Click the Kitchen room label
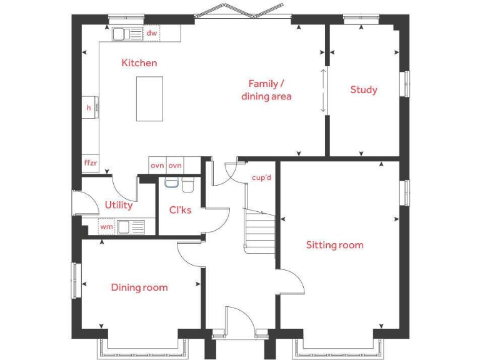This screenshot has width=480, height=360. click(139, 62)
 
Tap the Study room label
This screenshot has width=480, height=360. click(363, 90)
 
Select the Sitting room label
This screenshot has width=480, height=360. click(334, 245)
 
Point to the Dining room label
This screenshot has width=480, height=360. click(139, 287)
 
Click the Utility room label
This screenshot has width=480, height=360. click(118, 205)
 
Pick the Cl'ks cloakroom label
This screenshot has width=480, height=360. click(180, 210)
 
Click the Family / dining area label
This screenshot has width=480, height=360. click(266, 90)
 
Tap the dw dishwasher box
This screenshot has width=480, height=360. click(152, 33)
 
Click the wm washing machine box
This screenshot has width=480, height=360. click(107, 227)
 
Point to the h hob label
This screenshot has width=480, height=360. click(89, 108)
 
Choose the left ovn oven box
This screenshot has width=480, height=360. click(156, 166)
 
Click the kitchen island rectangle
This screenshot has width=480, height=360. click(149, 99)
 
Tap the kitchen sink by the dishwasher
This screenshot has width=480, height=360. click(127, 33)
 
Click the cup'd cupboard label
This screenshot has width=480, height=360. click(261, 177)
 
